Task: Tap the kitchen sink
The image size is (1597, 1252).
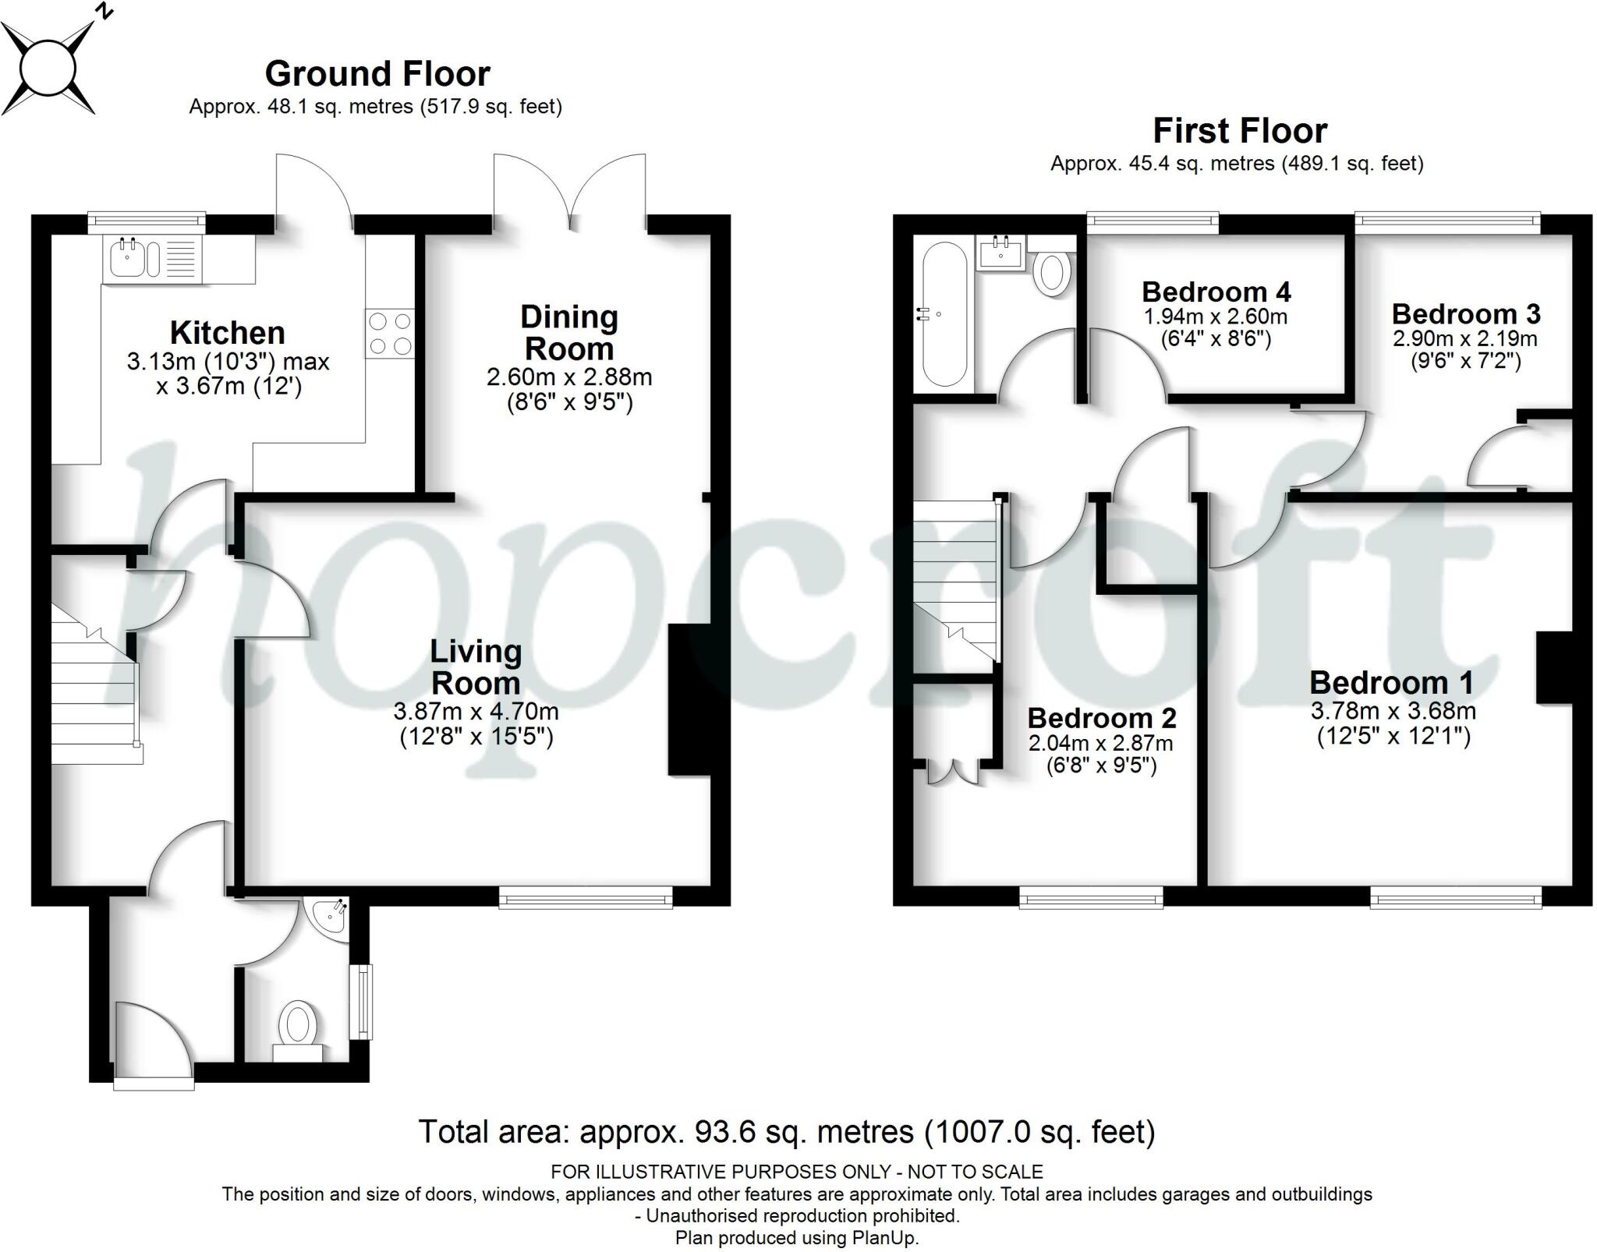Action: coord(128,258)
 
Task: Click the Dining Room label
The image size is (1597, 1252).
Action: coord(569,333)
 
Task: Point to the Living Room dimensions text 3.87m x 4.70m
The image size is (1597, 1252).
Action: coord(476,711)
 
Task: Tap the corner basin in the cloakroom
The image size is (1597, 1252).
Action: coord(331,918)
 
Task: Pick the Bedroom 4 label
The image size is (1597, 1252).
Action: coord(1216,292)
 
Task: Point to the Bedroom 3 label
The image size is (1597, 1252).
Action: coord(1465,314)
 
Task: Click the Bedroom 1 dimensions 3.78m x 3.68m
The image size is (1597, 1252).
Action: coord(1393,711)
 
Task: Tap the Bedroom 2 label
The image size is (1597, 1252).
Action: coord(1101,718)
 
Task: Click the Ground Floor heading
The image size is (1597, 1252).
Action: coord(377,74)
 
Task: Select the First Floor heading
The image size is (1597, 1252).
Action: coord(1239,131)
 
